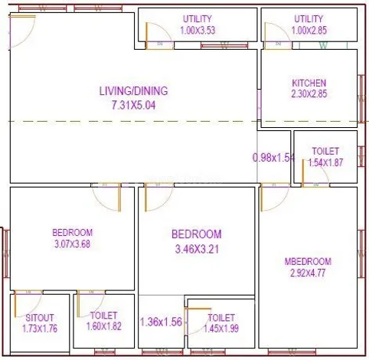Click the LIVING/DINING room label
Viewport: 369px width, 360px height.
coord(133,90)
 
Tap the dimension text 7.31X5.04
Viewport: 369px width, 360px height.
coord(133,105)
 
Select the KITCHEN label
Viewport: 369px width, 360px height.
coord(309,83)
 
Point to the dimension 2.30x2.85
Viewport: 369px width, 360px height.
coord(309,95)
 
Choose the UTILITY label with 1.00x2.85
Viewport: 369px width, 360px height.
coord(309,18)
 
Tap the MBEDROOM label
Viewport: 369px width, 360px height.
coord(308,261)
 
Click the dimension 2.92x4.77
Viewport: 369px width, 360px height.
coord(308,273)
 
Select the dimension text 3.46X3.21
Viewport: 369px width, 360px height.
coord(196,248)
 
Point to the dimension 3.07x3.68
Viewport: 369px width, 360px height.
coord(73,244)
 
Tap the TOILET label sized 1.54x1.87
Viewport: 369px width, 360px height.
coord(326,151)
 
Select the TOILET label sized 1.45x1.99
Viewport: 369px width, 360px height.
coord(221,316)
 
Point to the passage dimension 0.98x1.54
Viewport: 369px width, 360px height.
coord(273,158)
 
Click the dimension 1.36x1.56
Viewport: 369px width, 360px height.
coord(160,322)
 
